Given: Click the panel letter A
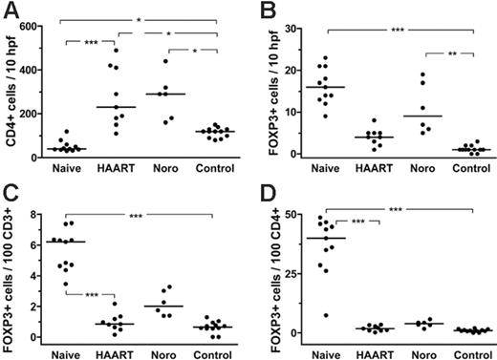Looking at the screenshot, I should pos(11,11).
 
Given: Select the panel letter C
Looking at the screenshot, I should pos(11,192).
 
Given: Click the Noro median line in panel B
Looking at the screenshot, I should pos(392,116).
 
